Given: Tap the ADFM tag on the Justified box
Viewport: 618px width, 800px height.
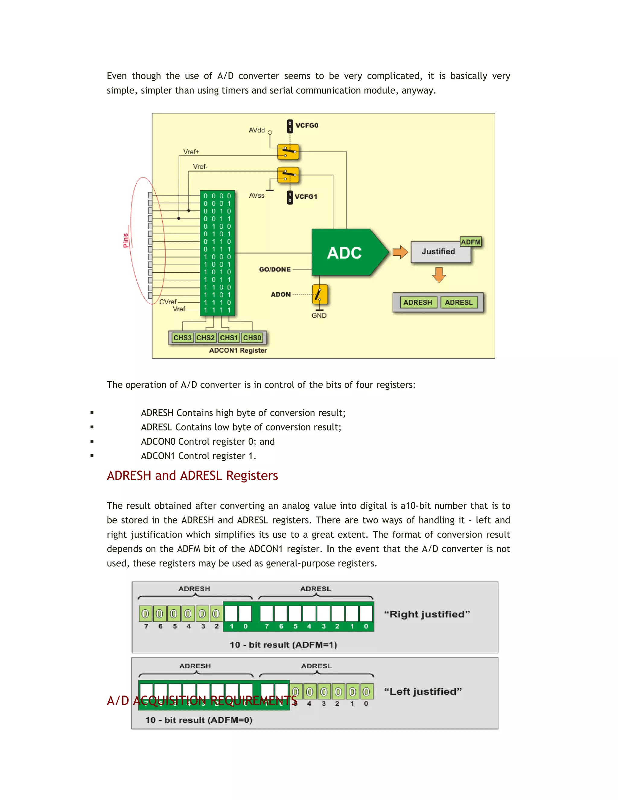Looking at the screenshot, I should pyautogui.click(x=470, y=242).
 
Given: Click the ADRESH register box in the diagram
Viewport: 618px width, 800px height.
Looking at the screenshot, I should pyautogui.click(x=418, y=302).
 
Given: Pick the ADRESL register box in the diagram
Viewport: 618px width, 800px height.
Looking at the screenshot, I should pyautogui.click(x=459, y=302).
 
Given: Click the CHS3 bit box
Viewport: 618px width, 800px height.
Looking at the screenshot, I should pyautogui.click(x=182, y=338).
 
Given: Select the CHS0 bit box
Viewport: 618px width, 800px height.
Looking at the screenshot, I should pyautogui.click(x=252, y=338).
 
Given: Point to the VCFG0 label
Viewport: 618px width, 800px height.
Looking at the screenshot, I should pyautogui.click(x=307, y=125).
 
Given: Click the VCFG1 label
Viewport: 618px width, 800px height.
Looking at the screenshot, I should pyautogui.click(x=306, y=197).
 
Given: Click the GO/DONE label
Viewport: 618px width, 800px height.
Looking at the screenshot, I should pyautogui.click(x=275, y=269).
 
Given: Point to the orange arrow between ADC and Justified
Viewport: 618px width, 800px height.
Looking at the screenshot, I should pyautogui.click(x=400, y=252).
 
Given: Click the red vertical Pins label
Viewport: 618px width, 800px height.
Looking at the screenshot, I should pyautogui.click(x=126, y=241).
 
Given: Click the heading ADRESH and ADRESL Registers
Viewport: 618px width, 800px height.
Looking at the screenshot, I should pyautogui.click(x=192, y=475).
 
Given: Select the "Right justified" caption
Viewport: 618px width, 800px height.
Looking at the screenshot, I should pyautogui.click(x=427, y=614).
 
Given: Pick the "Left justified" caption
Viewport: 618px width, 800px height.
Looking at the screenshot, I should pyautogui.click(x=423, y=692).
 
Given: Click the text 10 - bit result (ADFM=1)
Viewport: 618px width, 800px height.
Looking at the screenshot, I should pyautogui.click(x=283, y=645).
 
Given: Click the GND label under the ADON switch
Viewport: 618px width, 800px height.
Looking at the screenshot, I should pyautogui.click(x=319, y=315).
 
